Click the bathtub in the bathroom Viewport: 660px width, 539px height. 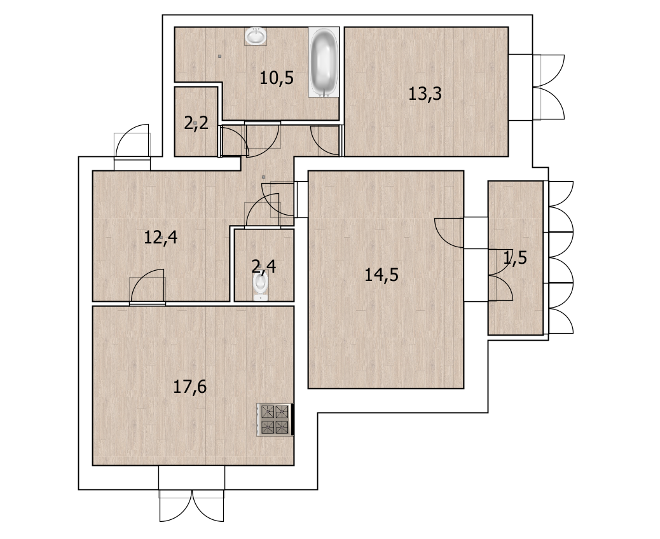click(324, 62)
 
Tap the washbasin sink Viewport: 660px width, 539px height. click(256, 36)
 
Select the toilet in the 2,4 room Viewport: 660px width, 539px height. click(261, 286)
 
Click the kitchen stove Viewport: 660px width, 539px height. click(275, 420)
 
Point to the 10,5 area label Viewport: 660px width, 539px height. click(276, 78)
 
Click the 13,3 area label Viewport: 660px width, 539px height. click(425, 93)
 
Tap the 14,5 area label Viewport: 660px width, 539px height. click(382, 275)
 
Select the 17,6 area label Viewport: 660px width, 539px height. click(190, 386)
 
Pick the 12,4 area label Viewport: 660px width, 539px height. click(161, 237)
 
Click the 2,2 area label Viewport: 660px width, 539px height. click(196, 124)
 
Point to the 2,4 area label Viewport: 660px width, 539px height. click(263, 266)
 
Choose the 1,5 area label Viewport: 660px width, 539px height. click(515, 257)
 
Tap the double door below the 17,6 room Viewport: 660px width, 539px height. click(191, 505)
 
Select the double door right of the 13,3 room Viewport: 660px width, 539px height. click(548, 87)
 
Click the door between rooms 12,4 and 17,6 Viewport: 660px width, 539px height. click(148, 285)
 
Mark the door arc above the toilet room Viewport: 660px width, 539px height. click(263, 210)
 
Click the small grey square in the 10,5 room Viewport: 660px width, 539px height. click(219, 56)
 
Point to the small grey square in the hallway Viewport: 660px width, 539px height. click(263, 177)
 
